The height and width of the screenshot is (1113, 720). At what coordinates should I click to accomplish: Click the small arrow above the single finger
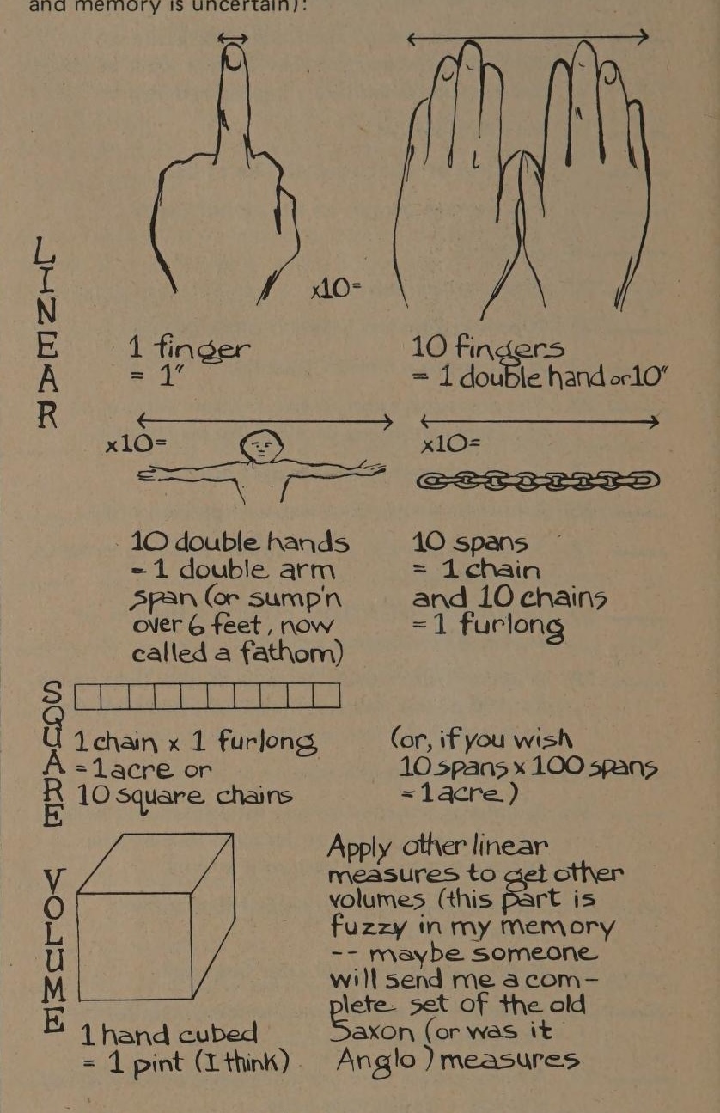pos(232,38)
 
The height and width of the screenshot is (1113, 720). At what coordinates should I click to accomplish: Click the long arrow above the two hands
pos(528,37)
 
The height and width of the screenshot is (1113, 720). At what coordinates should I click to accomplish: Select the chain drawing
pos(538,481)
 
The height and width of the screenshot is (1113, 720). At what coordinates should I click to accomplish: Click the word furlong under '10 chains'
pos(511,625)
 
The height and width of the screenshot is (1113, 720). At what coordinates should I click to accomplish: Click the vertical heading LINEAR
pos(46,333)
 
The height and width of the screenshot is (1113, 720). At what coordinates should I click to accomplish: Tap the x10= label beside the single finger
pos(336,289)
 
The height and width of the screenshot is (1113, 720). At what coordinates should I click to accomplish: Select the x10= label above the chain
pos(450,443)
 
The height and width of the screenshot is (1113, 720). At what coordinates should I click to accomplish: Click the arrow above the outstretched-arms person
pos(265,421)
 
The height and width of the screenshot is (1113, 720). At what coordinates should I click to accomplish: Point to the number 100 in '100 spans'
pos(558,767)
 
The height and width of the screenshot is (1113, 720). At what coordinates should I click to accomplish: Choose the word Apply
pos(359,847)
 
